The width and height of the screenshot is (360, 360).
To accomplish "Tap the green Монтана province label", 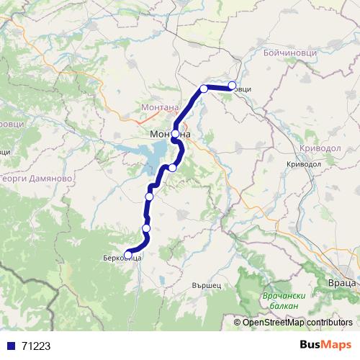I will [162, 108].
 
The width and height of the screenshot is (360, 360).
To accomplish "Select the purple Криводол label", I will [312, 147].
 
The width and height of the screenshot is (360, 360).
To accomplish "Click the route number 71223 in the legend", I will [36, 346].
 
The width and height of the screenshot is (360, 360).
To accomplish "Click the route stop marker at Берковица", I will [128, 254].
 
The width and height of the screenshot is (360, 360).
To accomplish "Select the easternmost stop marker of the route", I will [232, 86].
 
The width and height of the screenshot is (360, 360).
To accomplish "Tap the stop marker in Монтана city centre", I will [175, 134].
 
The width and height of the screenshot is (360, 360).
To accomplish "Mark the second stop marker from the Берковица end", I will [146, 228].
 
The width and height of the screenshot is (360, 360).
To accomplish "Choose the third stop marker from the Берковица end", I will [150, 197].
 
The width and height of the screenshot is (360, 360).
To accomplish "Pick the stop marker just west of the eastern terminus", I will [204, 89].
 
